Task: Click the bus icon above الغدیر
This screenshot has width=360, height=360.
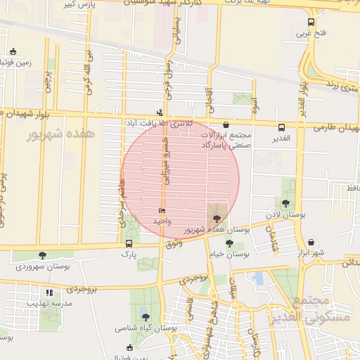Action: coord(282,128)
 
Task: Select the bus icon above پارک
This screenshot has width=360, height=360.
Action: coord(128,243)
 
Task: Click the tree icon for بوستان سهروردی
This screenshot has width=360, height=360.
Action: coord(43,256)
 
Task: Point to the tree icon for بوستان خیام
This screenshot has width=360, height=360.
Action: coord(230,243)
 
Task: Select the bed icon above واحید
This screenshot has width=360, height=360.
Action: coord(162,211)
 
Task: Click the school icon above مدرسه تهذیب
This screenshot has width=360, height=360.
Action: coord(49,292)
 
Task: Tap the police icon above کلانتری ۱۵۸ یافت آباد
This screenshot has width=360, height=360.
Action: coord(160,112)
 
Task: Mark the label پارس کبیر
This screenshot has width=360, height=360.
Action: coord(77,4)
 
